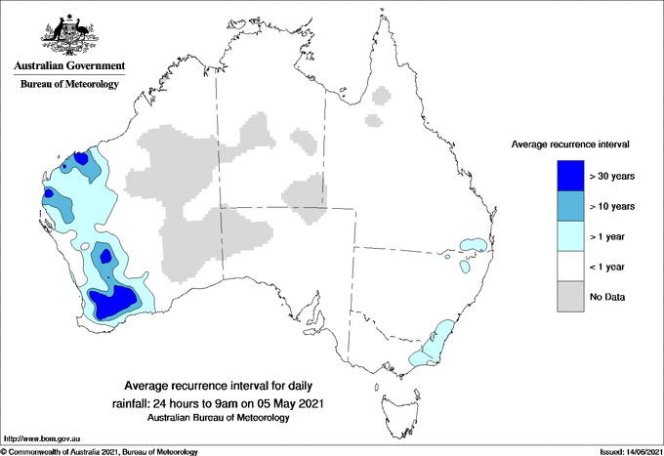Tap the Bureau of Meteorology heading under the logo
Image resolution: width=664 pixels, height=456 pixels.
69,84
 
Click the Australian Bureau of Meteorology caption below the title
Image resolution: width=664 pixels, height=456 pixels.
219,418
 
